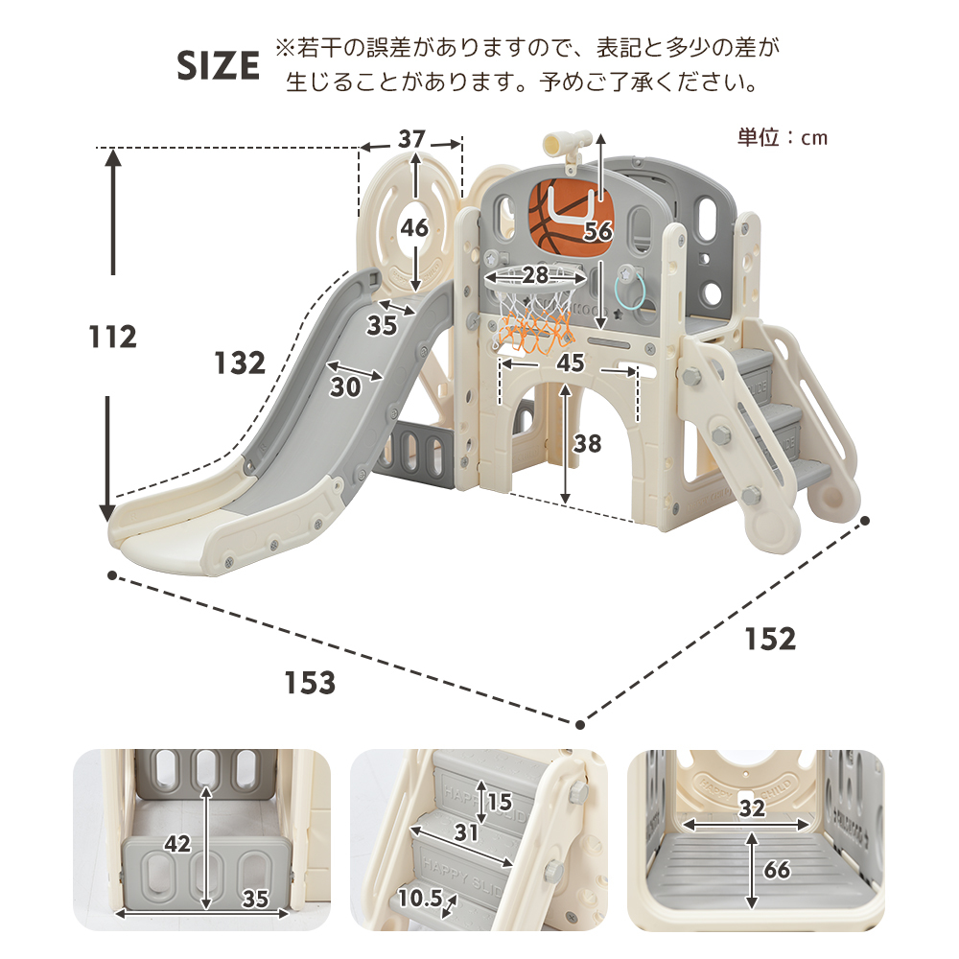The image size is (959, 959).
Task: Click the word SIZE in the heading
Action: point(218,65)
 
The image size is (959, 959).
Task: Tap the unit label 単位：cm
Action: point(783,137)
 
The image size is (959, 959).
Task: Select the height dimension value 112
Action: point(112,337)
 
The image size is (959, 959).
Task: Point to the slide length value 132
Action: point(240,363)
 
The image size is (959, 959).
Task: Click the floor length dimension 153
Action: point(310,683)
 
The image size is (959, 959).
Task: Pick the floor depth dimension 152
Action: point(770,639)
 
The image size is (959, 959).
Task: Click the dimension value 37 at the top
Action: point(411,139)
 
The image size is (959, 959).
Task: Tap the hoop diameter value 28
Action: point(534,274)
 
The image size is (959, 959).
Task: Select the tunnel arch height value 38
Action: point(587,443)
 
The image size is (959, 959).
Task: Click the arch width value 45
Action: point(570,363)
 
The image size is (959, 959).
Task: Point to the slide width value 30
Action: point(345,386)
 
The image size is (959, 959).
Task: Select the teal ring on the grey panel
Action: point(630,292)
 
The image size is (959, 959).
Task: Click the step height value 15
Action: point(499,801)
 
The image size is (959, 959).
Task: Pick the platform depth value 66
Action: point(777,869)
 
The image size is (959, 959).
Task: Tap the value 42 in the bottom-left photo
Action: point(177,844)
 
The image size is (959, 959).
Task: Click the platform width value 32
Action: point(752,807)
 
